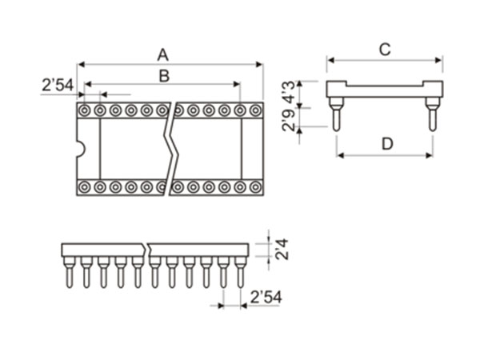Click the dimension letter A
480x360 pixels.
(x=163, y=54)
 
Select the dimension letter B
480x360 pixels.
(x=163, y=75)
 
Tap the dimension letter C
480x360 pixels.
(x=384, y=50)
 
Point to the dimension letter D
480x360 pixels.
(x=386, y=144)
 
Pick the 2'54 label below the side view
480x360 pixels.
(x=266, y=297)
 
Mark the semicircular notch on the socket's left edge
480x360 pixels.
(x=80, y=148)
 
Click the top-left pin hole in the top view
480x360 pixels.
(x=85, y=110)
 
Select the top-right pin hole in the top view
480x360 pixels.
(x=255, y=110)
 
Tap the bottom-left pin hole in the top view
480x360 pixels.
(x=85, y=187)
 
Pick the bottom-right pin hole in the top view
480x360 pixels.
(x=255, y=187)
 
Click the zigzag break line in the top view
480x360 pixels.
(x=170, y=148)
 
